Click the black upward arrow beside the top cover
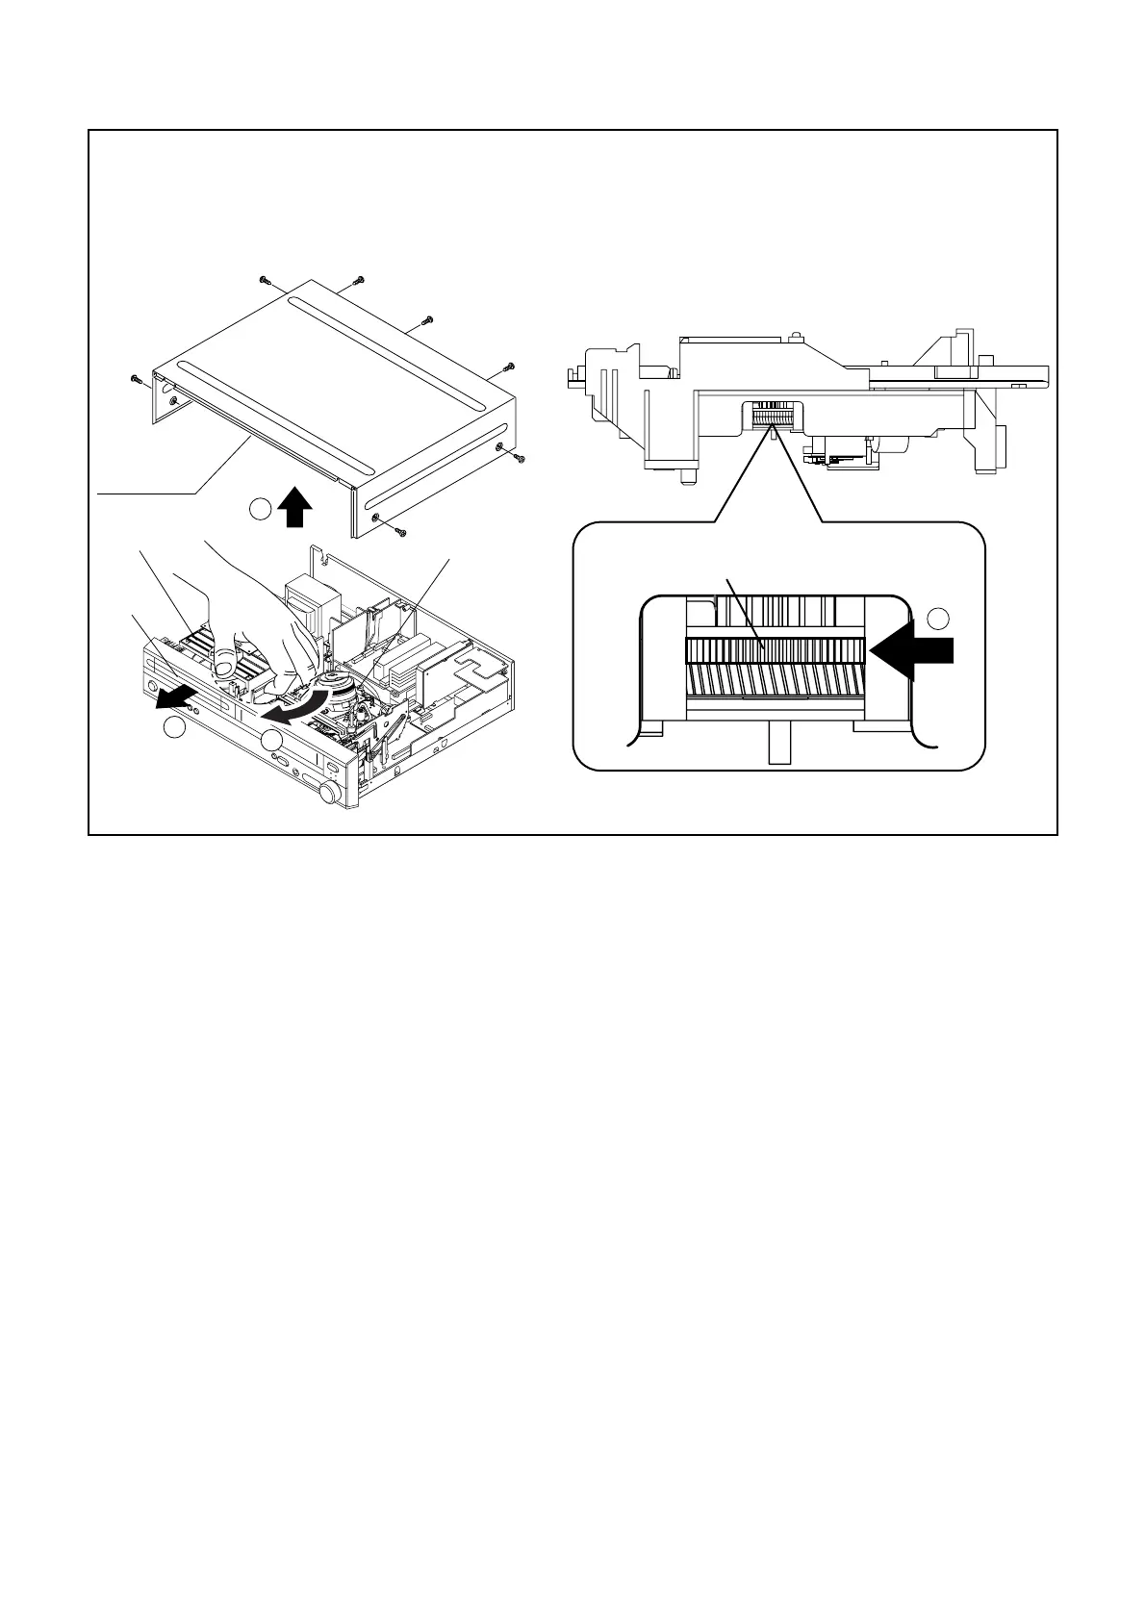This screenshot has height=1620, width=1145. point(295,507)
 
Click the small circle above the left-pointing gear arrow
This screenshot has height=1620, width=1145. point(941,618)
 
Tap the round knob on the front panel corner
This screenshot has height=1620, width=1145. point(330,793)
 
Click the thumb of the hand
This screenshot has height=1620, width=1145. point(224,662)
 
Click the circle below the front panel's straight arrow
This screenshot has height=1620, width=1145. point(173,728)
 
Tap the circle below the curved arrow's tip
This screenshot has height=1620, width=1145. point(273,739)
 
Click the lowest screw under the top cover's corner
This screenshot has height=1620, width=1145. point(402,531)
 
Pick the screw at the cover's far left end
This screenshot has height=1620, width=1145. point(135,378)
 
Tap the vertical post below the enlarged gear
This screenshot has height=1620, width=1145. point(778,744)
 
